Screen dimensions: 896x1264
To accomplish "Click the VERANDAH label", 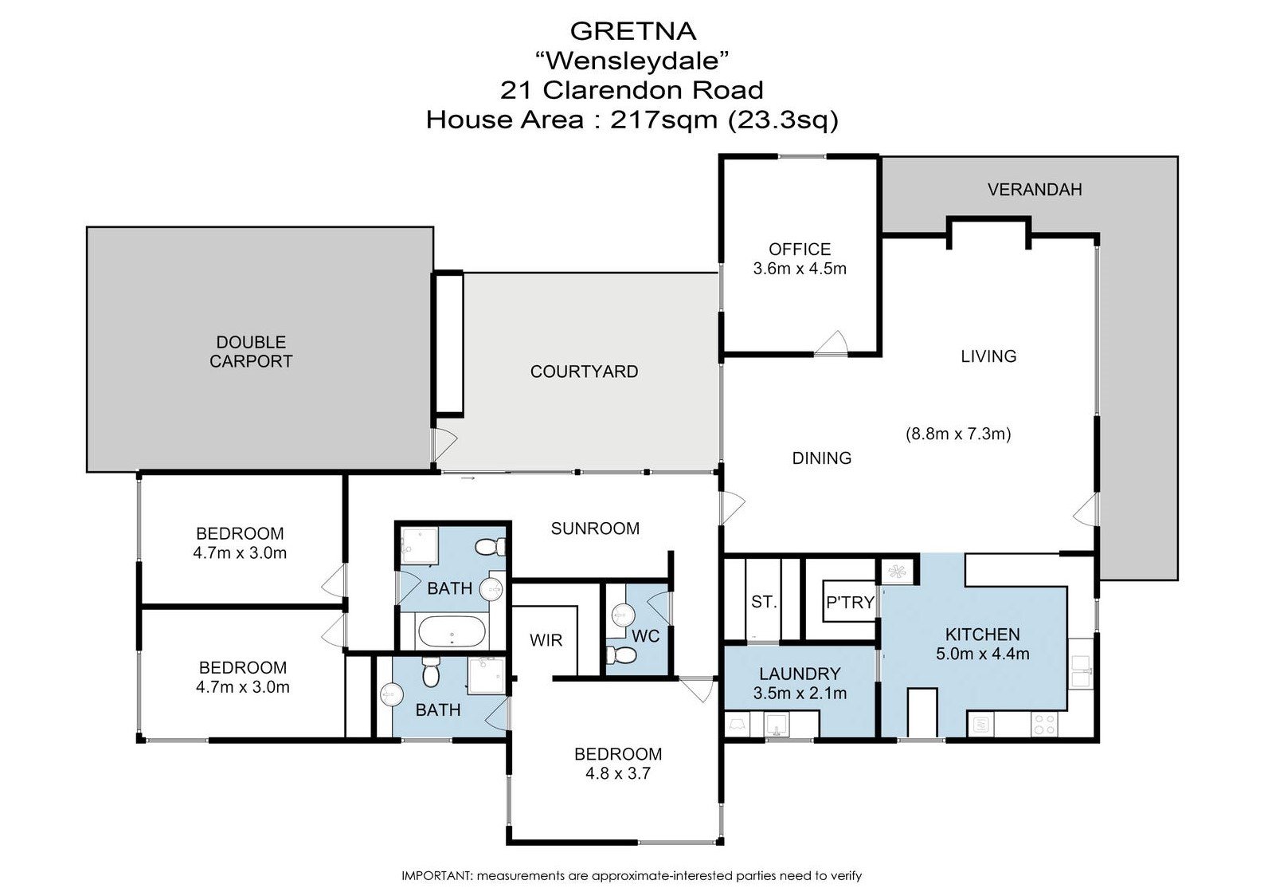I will tap(1034, 190).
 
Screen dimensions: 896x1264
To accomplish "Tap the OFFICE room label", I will tap(800, 250).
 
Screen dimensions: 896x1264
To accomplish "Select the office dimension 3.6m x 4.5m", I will tap(800, 269).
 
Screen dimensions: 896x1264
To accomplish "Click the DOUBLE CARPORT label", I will tap(251, 352).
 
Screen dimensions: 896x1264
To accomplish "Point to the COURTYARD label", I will tap(584, 371).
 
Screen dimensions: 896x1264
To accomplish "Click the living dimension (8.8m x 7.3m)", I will tap(958, 434).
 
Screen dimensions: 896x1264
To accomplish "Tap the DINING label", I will tap(821, 458).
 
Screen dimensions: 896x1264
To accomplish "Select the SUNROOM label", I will tap(595, 529).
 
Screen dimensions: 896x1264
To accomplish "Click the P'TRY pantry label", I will tap(850, 603).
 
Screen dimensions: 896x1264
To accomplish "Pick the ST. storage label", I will tap(763, 602).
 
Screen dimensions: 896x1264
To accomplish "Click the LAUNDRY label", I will tap(800, 674).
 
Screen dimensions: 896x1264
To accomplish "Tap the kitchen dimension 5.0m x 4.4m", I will tap(982, 654).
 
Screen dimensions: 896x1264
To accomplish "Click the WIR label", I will tap(546, 640).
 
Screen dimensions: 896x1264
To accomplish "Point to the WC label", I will tap(645, 637).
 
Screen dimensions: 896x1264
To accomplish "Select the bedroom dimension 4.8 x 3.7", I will tap(618, 773).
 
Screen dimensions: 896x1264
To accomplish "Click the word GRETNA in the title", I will tap(633, 31).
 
